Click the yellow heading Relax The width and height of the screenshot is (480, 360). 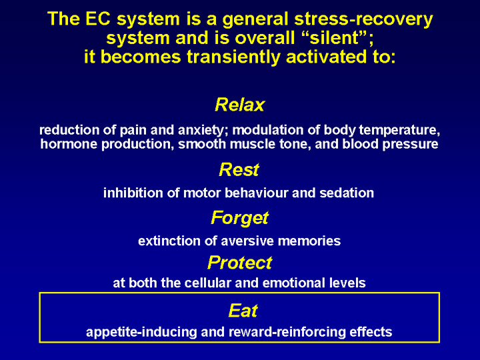click(240, 105)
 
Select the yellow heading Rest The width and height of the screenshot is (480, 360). click(239, 169)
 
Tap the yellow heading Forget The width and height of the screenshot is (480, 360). click(240, 219)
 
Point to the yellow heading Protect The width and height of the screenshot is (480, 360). click(240, 263)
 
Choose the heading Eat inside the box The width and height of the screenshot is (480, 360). click(243, 311)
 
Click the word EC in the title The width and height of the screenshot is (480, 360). click(99, 19)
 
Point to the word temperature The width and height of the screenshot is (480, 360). click(399, 131)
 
